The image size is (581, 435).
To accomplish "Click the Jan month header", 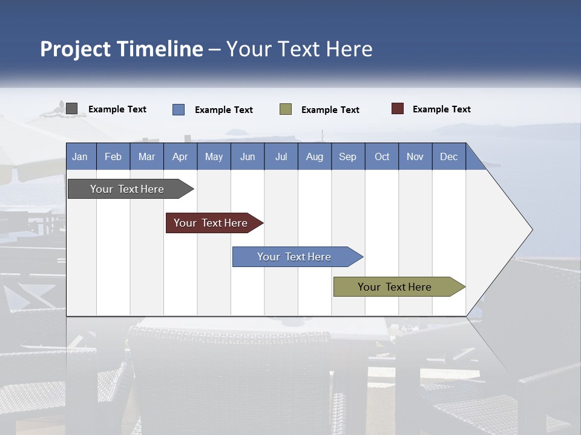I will coord(80,157).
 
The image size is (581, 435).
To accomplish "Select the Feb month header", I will coord(113,157).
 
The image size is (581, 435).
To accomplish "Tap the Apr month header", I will coord(180,157).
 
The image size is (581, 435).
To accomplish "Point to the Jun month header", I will coord(248,157).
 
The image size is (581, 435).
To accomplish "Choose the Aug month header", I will coord(315,157).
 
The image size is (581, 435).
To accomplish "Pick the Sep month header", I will coord(348,157).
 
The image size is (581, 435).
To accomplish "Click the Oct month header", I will coord(382,157).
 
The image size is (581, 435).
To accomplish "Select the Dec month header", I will coord(449,157).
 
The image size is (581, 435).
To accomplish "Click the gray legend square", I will coord(71,109).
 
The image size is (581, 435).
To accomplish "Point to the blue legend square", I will coord(179,109).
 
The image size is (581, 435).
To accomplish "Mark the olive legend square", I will coord(286,109).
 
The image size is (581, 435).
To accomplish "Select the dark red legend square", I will coord(398,109).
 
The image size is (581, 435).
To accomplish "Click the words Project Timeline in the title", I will coord(122,49).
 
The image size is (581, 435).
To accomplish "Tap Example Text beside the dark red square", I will coord(441,109).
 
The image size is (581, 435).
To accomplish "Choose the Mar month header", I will coord(146,157).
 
